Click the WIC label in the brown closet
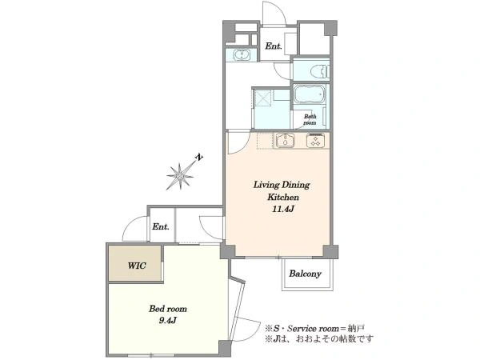tap(137, 266)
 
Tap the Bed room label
tap(168, 309)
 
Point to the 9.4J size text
tap(168, 321)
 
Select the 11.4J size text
tap(283, 209)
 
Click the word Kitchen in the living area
tap(283, 197)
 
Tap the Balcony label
tap(306, 274)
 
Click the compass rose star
tap(180, 176)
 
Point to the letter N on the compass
tap(199, 158)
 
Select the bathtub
tap(309, 94)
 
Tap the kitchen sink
tap(285, 141)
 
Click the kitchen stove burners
tap(316, 141)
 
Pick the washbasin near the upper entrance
tap(242, 55)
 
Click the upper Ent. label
tap(274, 46)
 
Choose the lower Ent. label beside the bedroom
tap(161, 227)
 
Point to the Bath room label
tap(310, 119)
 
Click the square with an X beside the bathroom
tap(262, 98)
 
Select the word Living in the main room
tap(266, 185)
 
